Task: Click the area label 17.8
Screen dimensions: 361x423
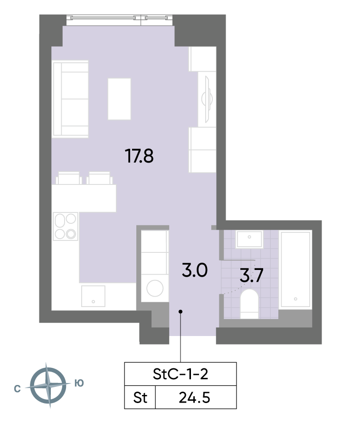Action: click(139, 156)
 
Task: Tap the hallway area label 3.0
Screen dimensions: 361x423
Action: click(195, 270)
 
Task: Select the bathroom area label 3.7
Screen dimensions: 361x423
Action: click(251, 275)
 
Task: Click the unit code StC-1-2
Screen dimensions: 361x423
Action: click(180, 374)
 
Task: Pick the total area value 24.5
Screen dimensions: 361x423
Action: click(194, 398)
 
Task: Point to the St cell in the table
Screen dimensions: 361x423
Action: click(140, 398)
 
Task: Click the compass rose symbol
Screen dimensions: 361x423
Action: click(48, 385)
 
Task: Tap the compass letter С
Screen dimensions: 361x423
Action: click(17, 389)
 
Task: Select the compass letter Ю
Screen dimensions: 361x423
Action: click(79, 383)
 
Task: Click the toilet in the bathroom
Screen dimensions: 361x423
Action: click(249, 304)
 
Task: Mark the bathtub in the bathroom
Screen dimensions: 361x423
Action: click(295, 269)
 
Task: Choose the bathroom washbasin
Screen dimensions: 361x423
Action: click(249, 239)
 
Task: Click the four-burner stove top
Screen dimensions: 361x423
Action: click(66, 226)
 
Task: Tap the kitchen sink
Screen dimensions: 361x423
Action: click(93, 296)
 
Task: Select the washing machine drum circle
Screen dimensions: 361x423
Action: click(155, 288)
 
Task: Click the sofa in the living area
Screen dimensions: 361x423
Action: click(71, 99)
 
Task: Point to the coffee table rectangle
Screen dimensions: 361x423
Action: click(119, 99)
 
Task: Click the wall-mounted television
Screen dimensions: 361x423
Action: click(207, 99)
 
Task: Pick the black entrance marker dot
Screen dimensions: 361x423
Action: click(180, 312)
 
